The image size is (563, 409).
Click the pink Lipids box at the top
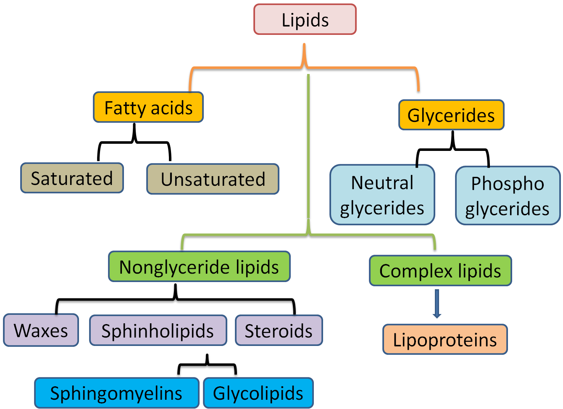[x=305, y=20]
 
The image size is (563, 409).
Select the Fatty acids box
[x=148, y=108]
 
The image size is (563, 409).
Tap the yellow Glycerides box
[x=451, y=115]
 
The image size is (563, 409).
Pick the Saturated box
[x=72, y=178]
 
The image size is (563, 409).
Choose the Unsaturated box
[x=213, y=179]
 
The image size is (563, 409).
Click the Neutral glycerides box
[x=382, y=195]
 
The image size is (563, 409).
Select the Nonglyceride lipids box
[x=199, y=267]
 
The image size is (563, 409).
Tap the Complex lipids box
[x=440, y=271]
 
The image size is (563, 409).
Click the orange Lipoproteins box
[x=445, y=340]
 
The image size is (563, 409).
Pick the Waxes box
[x=41, y=330]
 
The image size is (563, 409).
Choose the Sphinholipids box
[x=158, y=331]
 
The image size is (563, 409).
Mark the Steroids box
[x=279, y=331]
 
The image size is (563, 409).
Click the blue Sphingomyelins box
[x=116, y=393]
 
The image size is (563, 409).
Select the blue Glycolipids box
[x=258, y=393]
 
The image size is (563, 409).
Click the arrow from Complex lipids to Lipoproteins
[x=437, y=303]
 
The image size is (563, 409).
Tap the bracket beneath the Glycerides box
[x=453, y=149]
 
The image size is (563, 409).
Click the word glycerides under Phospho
[x=507, y=209]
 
